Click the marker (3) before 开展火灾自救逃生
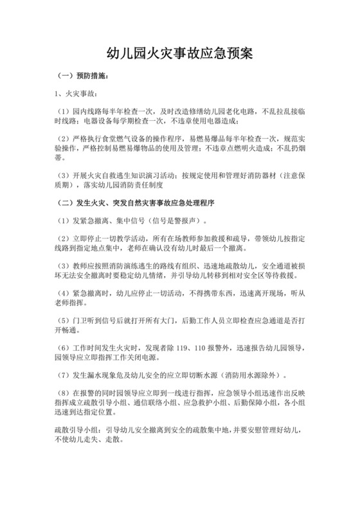63,175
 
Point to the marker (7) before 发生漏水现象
63,375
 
